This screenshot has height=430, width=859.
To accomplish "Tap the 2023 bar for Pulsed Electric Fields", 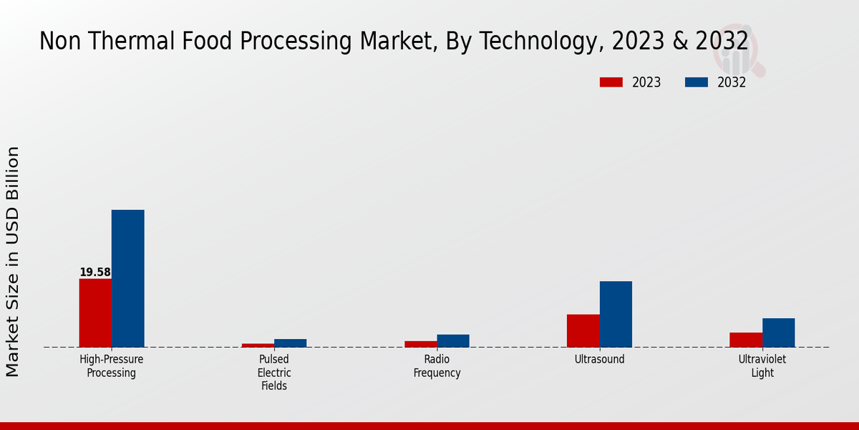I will [258, 345].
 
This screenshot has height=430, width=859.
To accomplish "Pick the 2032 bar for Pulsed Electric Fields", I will [290, 343].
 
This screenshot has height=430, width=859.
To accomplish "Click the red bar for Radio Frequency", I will [420, 344].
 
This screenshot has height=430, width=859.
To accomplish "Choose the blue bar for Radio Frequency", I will [453, 341].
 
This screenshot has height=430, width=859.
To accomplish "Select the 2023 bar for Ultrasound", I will [583, 330].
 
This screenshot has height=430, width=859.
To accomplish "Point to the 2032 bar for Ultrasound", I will [616, 314].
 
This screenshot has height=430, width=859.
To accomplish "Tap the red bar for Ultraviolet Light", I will [745, 340].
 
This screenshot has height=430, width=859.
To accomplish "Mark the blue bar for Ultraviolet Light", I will [778, 333].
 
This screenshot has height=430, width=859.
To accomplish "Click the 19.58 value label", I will [95, 272].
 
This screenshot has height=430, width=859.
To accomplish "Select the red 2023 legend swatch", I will [611, 82].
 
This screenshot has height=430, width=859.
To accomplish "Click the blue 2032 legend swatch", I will [696, 82].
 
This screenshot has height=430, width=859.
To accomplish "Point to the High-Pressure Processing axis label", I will [111, 366].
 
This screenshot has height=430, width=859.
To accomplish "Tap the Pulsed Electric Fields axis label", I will [274, 373].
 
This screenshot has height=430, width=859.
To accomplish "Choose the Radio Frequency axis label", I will [437, 366].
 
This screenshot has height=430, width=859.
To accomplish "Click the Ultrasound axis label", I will [599, 360].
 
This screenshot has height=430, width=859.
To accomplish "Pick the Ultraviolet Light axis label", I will [762, 366].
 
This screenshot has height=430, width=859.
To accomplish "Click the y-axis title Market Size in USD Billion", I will [13, 262].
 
